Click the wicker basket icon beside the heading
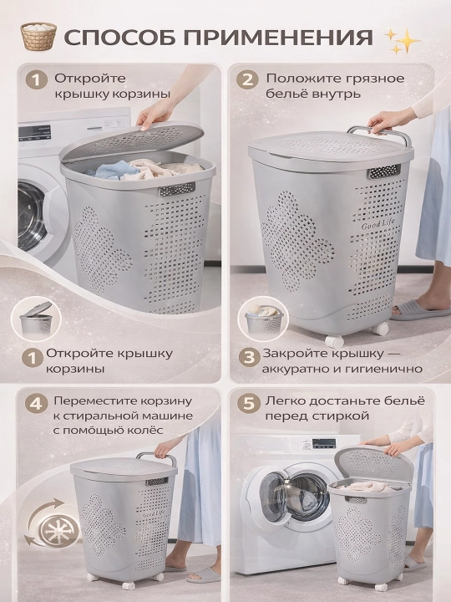(38, 36)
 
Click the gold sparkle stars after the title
(402, 40)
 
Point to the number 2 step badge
(247, 79)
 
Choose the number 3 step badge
(249, 357)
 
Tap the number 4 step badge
(36, 404)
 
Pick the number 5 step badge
(249, 404)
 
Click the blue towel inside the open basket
(111, 170)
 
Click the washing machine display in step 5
(324, 443)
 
